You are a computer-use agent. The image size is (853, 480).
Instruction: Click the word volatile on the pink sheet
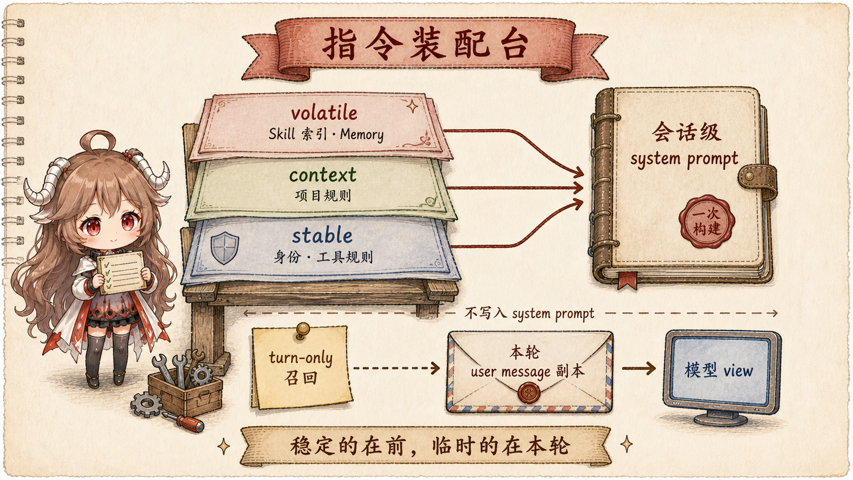pos(324,113)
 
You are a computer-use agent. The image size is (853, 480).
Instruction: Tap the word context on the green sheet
pos(323,175)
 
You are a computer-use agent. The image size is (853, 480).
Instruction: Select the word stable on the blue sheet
pos(322,235)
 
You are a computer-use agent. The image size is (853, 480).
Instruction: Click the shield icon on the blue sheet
pos(224,248)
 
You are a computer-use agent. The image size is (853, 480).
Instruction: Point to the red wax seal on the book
pos(707,221)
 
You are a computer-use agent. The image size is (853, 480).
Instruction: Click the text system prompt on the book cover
pos(684,159)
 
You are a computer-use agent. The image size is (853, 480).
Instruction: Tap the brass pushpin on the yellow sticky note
pos(303,330)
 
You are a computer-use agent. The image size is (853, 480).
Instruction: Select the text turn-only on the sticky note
pos(301,358)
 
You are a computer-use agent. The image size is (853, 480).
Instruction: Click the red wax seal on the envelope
pos(529,393)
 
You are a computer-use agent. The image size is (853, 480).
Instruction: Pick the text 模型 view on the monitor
pos(719,370)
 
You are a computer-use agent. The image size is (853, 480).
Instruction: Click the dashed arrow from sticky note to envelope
pos(396,368)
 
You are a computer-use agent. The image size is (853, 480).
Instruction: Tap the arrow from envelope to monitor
pos(639,368)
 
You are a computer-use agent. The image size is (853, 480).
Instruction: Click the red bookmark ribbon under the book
pos(628,281)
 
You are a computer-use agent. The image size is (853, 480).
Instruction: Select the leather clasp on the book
pos(758,180)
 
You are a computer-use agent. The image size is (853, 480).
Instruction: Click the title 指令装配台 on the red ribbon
pos(425,45)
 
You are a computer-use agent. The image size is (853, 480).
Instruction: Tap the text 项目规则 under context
pos(323,196)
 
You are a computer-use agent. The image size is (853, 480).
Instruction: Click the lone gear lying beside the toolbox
pos(146,404)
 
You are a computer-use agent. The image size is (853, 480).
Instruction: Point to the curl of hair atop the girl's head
pos(97,141)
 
